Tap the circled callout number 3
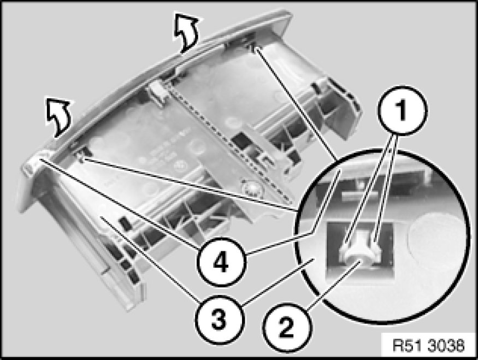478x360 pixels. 219,320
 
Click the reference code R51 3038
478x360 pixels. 428,346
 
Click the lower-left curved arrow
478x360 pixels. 58,116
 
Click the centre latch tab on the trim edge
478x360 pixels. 158,93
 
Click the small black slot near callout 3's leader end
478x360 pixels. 125,226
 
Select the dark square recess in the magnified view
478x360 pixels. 359,250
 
